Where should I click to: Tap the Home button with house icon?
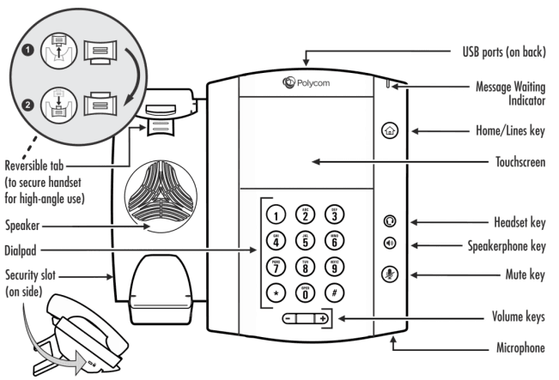(x=388, y=131)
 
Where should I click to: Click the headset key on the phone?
(x=388, y=221)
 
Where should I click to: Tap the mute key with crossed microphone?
(x=388, y=274)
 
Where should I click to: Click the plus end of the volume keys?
(x=322, y=319)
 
